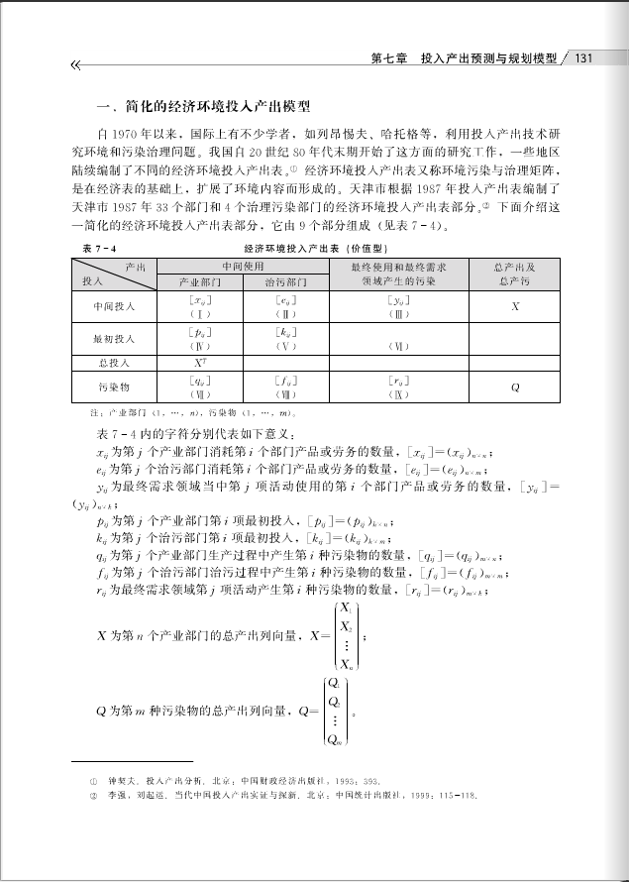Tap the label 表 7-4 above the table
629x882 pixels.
100,248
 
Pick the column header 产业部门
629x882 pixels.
198,282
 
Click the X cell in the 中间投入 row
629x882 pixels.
515,306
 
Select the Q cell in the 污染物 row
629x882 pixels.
515,387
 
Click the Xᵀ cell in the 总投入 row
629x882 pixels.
198,364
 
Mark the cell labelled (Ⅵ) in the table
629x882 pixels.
396,346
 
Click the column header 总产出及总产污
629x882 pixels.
515,275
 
